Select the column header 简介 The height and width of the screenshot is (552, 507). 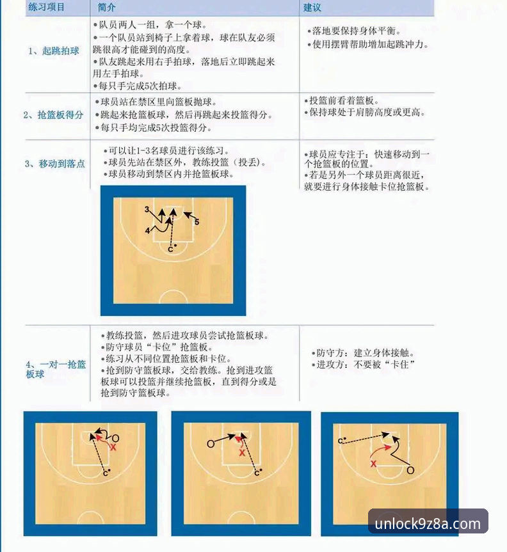point(107,8)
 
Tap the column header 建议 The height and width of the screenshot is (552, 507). point(312,8)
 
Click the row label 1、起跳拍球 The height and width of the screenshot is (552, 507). point(53,51)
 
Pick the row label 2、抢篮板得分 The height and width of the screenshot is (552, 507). point(53,115)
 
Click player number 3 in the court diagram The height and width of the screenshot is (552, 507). point(147,210)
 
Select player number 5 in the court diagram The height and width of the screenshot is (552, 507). point(197,222)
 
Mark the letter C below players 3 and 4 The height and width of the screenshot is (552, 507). point(170,249)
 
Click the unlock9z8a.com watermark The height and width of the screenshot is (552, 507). point(428,524)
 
